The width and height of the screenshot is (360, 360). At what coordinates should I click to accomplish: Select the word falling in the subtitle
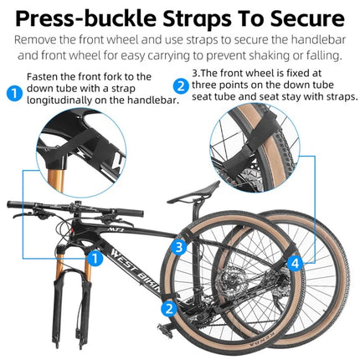[311, 55]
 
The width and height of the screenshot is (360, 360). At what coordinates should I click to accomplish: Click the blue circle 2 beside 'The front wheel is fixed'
[180, 85]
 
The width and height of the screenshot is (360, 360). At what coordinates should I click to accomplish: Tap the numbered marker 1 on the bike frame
[96, 259]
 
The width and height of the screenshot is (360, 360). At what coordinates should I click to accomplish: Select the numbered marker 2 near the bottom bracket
[168, 307]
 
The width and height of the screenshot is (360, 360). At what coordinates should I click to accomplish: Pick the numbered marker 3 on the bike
[178, 246]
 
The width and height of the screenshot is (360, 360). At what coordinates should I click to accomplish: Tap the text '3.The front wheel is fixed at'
[265, 74]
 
